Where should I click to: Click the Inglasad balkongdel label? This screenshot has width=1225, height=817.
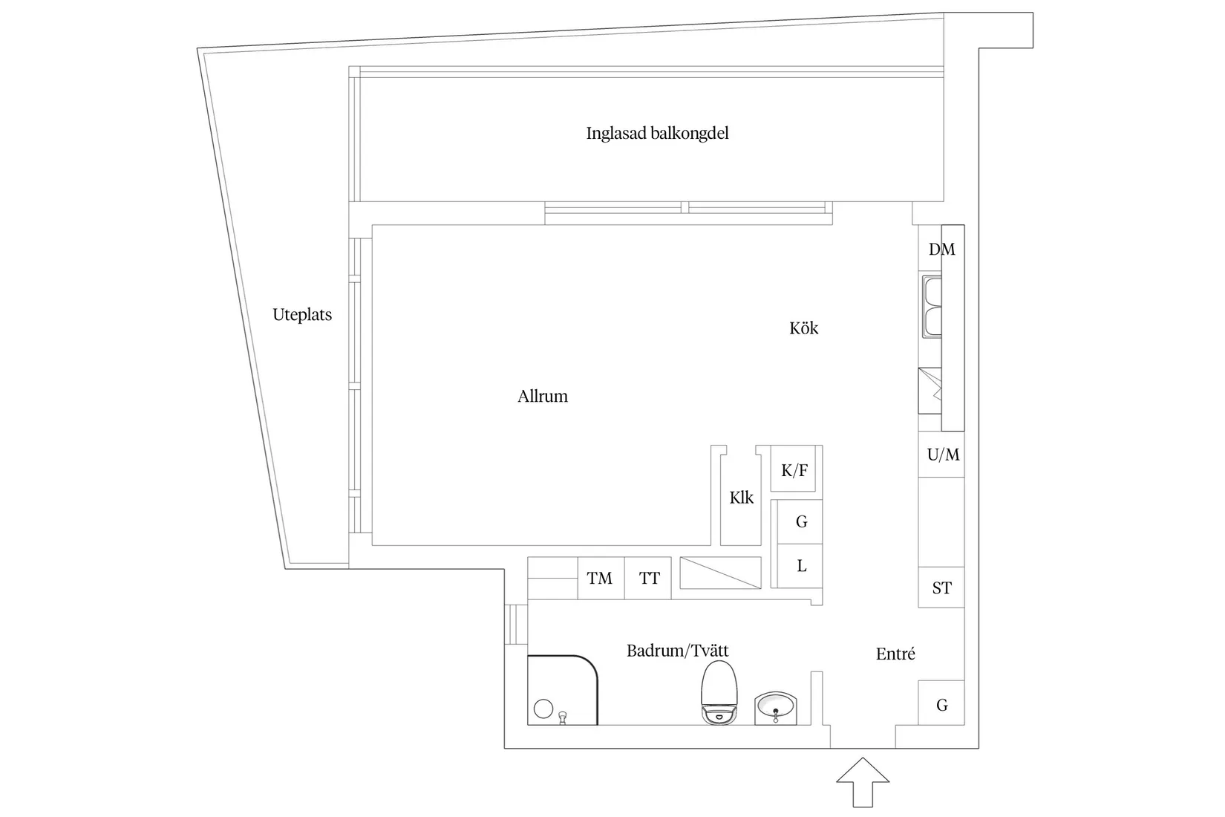[657, 134]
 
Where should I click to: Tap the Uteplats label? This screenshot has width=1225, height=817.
[302, 315]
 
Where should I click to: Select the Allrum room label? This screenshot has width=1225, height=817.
[543, 397]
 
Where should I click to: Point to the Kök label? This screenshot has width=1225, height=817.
[803, 328]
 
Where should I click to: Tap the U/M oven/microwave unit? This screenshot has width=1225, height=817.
[942, 455]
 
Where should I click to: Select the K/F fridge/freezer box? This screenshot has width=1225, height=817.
[794, 469]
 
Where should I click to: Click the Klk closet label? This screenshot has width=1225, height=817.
[741, 498]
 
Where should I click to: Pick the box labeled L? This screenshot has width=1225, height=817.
[801, 566]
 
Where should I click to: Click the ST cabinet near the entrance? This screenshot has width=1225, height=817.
[941, 588]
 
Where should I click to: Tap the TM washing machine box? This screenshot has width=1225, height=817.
[600, 578]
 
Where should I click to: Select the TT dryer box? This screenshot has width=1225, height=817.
[649, 578]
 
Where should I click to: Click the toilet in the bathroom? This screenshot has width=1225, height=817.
[719, 692]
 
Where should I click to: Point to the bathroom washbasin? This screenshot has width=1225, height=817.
[776, 707]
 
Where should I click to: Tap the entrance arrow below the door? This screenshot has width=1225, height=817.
[863, 781]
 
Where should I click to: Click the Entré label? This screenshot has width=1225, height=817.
[895, 654]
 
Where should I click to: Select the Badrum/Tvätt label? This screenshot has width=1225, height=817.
[678, 651]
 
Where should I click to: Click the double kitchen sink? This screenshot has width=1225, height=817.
[932, 306]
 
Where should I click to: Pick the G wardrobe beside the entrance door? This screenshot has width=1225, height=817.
[941, 703]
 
